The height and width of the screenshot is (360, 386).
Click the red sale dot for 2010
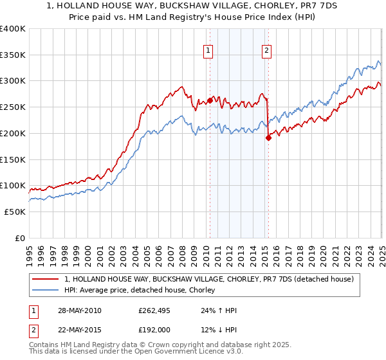[x=210, y=100]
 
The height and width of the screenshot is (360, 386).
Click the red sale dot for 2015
[x=268, y=137]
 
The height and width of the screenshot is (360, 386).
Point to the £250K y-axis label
[x=13, y=107]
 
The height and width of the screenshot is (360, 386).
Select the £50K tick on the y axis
[x=15, y=212]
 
